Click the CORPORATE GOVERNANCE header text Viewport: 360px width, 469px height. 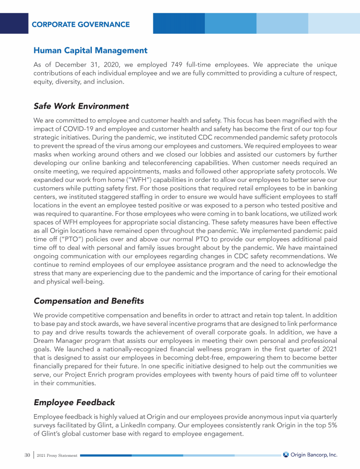pyautogui.click(x=81, y=24)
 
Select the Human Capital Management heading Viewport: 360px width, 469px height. pyautogui.click(x=90, y=50)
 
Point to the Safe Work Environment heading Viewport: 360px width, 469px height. pyautogui.click(x=81, y=106)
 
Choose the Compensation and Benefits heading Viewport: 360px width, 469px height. pyautogui.click(x=89, y=301)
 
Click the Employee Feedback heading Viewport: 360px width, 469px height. pyautogui.click(x=74, y=402)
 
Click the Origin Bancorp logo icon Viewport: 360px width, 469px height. pyautogui.click(x=286, y=455)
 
